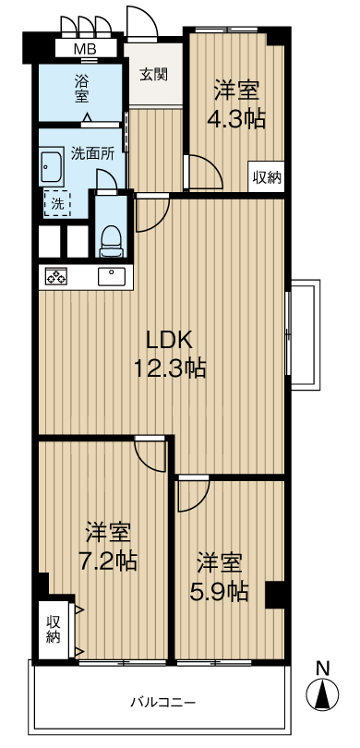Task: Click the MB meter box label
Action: point(85,49)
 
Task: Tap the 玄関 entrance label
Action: point(153,75)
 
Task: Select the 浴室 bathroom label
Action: point(81,88)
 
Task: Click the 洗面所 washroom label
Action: point(92,153)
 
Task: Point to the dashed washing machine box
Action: point(57,204)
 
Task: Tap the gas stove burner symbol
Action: point(55,277)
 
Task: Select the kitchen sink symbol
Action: point(112,277)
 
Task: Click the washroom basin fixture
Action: point(52,166)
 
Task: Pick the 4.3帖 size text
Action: point(235,120)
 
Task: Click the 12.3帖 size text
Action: point(170,368)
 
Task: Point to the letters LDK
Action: point(169,341)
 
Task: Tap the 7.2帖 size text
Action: point(108,561)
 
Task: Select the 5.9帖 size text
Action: point(220,592)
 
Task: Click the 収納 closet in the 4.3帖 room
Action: point(267,178)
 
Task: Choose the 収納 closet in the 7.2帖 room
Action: point(54,629)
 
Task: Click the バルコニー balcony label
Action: point(163,702)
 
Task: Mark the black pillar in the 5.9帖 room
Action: point(275,595)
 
